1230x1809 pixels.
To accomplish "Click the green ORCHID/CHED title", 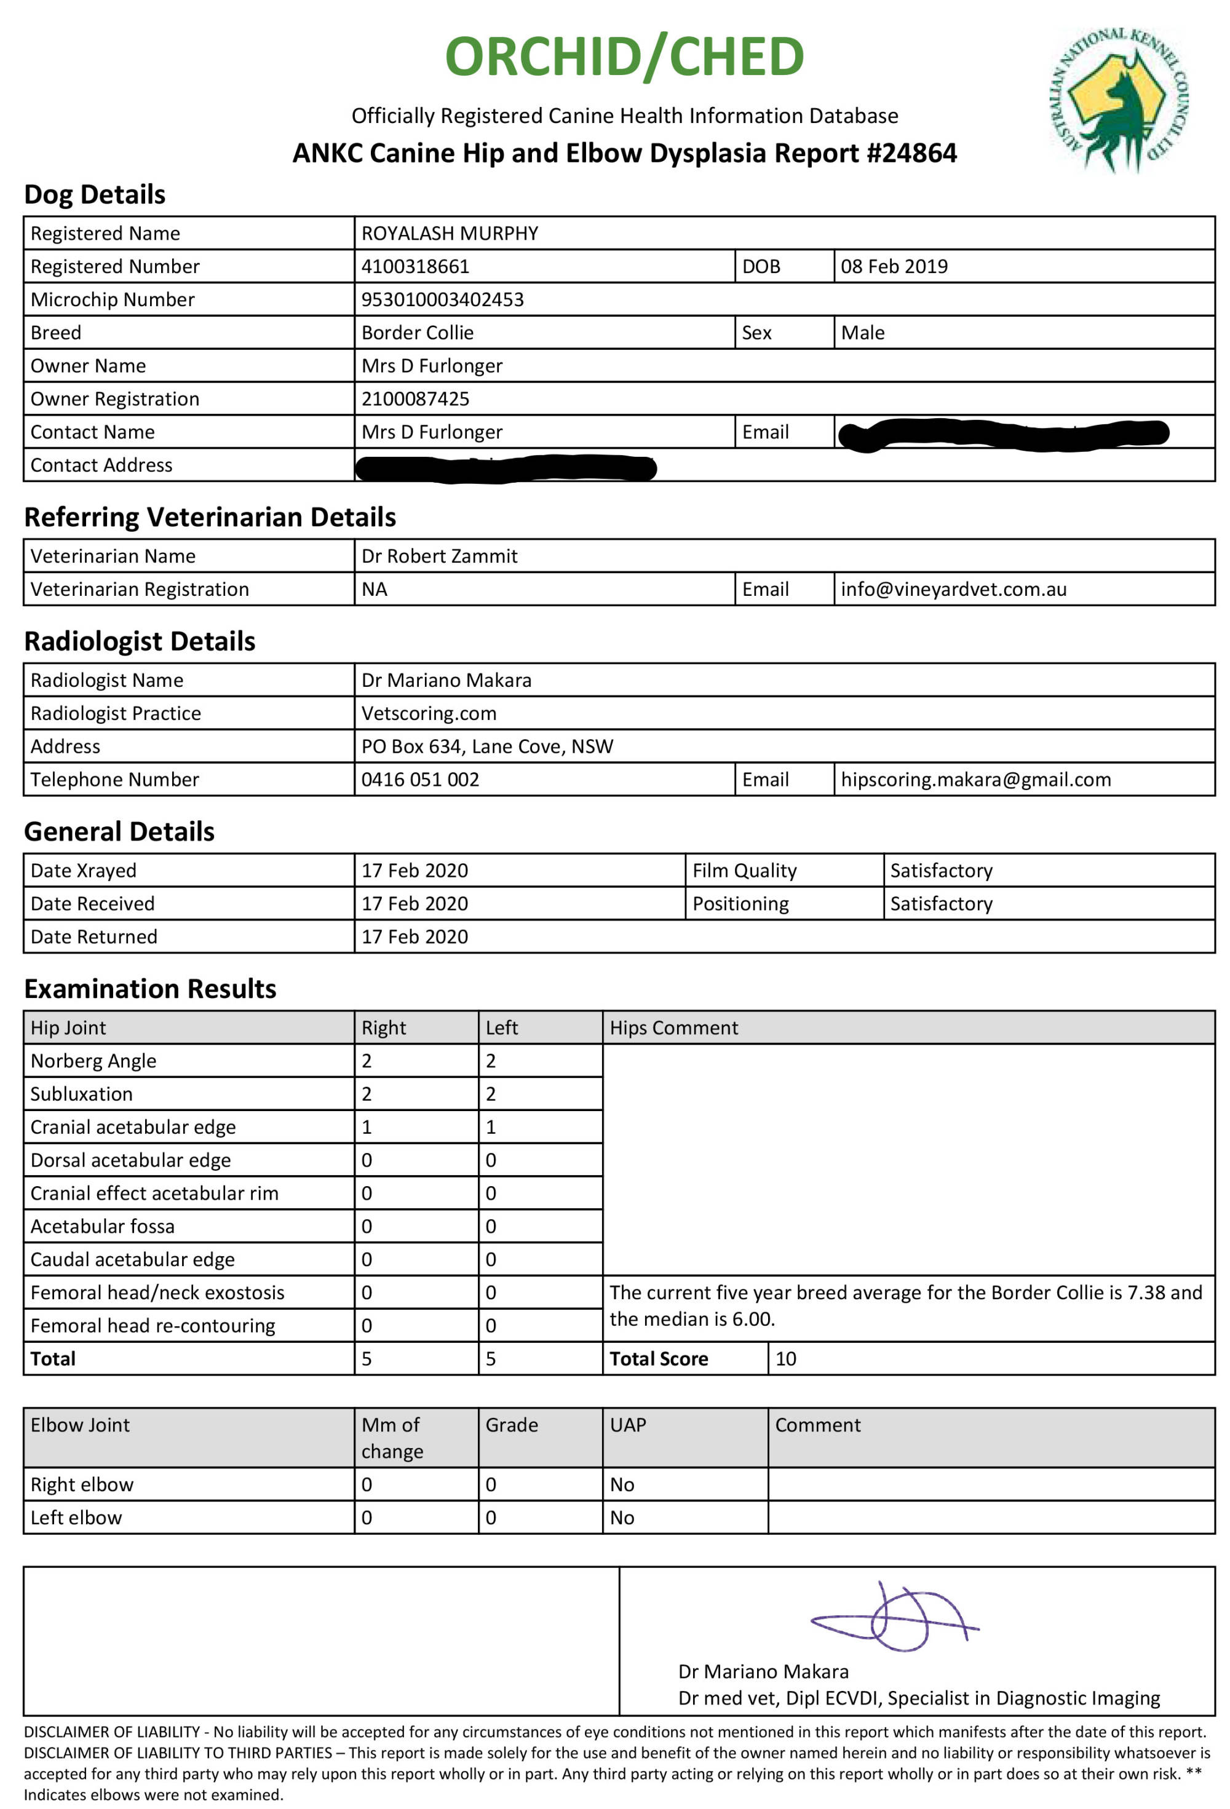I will coord(624,57).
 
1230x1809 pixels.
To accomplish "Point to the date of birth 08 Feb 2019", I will coord(894,266).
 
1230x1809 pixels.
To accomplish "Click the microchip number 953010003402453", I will coord(442,299).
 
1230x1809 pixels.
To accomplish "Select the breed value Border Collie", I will coord(417,333).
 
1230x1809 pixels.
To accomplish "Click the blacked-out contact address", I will coord(506,468).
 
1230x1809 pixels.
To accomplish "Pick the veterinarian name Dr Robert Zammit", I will coord(439,556).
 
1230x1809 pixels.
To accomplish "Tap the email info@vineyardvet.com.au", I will coord(953,589).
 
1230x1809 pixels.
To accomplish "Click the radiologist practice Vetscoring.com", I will coord(428,713).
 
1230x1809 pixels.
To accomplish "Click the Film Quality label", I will coord(744,870).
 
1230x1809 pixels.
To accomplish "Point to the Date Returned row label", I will coord(93,936).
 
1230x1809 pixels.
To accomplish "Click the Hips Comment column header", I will coord(673,1027).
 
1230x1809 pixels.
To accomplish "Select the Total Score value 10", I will coord(785,1358).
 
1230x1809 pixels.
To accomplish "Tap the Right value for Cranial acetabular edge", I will coord(367,1127).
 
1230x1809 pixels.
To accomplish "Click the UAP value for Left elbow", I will coord(621,1517).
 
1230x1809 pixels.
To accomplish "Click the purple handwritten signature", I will coord(895,1618).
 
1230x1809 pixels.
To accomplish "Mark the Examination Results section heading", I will coord(150,989).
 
